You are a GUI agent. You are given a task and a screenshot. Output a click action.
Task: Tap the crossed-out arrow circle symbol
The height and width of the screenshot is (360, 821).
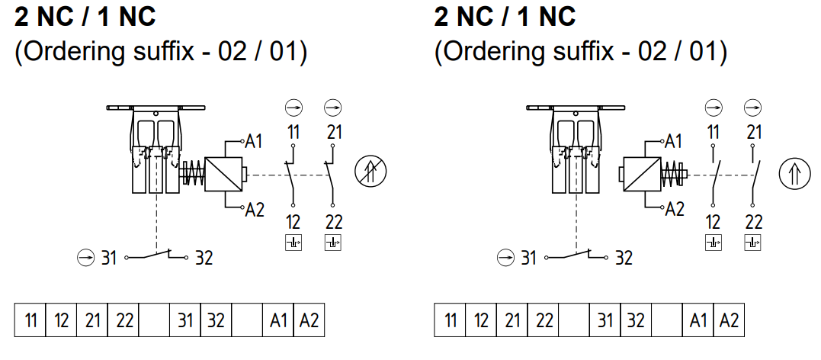(370, 172)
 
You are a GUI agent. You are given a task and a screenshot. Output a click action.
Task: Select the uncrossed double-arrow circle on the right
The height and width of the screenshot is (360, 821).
(794, 174)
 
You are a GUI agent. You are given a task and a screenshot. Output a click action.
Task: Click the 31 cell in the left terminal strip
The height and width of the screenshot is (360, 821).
(185, 320)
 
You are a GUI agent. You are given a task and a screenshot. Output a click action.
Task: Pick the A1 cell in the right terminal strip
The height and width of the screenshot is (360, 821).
(698, 320)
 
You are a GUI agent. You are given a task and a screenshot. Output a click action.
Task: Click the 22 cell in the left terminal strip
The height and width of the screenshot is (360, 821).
(123, 320)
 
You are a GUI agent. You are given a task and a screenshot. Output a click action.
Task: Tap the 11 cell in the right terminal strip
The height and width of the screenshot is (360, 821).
(450, 320)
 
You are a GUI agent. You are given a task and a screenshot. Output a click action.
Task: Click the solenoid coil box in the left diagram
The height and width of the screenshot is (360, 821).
(223, 174)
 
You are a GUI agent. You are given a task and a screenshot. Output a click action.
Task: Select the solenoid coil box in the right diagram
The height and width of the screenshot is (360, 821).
(641, 174)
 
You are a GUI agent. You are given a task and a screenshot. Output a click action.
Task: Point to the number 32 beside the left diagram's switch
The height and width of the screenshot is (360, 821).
(204, 258)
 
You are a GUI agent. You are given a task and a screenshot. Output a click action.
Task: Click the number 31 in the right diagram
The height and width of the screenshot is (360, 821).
(528, 258)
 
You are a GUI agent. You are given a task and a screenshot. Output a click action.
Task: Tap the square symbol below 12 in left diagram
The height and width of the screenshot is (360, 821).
(293, 243)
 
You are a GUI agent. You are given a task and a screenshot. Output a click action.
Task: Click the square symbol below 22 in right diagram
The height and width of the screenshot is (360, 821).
(752, 243)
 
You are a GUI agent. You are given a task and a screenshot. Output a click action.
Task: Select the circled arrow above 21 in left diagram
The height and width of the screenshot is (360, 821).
(333, 108)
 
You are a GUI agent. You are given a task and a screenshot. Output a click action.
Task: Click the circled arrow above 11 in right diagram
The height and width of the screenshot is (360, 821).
(714, 108)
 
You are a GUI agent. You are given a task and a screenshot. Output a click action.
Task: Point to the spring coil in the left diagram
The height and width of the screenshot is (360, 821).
(193, 173)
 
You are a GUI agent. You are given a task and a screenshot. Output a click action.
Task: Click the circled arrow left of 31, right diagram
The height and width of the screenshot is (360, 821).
(505, 258)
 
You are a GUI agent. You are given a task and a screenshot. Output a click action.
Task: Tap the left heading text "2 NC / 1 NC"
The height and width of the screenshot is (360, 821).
(85, 18)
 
